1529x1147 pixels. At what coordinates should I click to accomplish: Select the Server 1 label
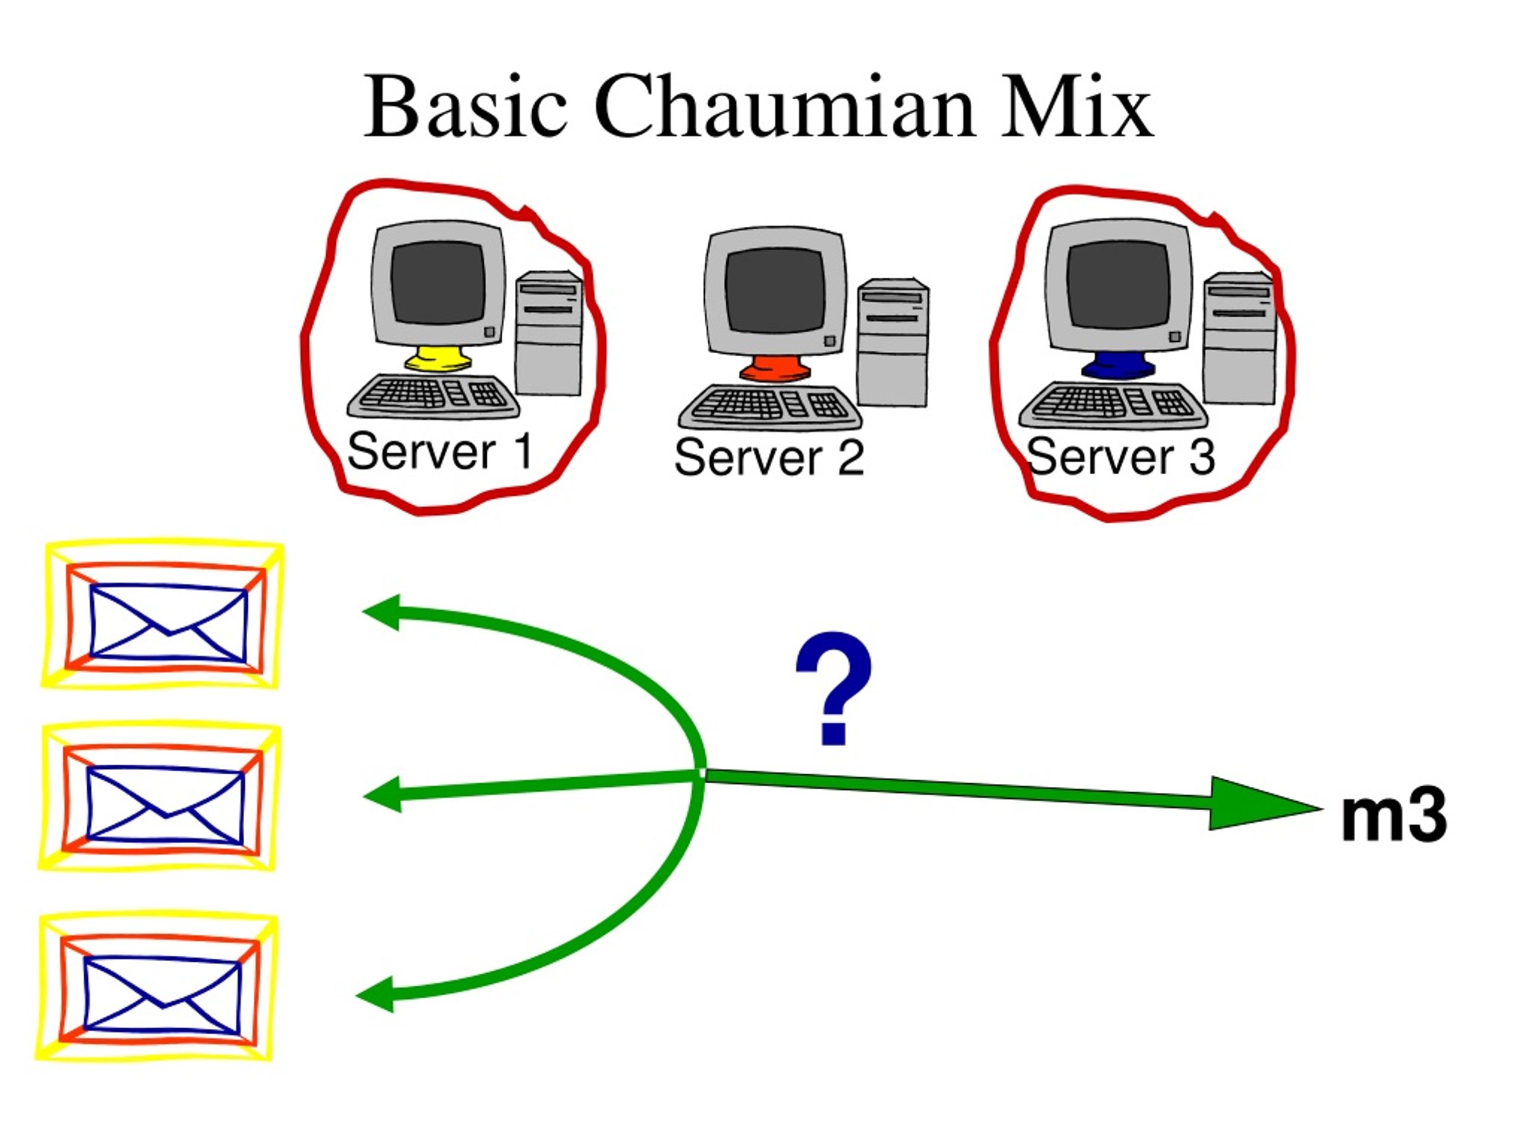pyautogui.click(x=440, y=452)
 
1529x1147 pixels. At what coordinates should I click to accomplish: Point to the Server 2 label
pyautogui.click(x=769, y=457)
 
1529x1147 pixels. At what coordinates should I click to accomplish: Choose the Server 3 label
pyautogui.click(x=1120, y=457)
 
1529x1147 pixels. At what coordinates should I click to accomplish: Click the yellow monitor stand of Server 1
pyautogui.click(x=439, y=360)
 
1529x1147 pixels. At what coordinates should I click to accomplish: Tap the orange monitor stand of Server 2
pyautogui.click(x=774, y=368)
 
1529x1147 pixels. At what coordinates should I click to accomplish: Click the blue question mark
pyautogui.click(x=834, y=688)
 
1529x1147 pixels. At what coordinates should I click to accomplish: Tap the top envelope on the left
pyautogui.click(x=162, y=614)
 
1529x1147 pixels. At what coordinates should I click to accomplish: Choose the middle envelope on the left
pyautogui.click(x=159, y=797)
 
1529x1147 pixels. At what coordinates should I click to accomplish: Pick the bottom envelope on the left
pyautogui.click(x=157, y=987)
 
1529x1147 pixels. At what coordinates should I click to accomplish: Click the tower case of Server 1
pyautogui.click(x=549, y=334)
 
